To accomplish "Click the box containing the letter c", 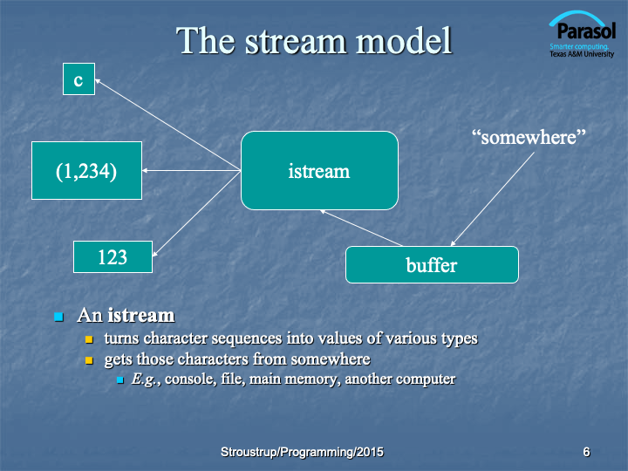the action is (78, 78).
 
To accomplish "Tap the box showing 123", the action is (113, 256).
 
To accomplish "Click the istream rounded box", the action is (319, 170).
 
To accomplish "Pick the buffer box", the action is (432, 265).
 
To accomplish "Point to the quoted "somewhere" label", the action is (529, 138).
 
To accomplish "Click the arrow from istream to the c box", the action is (167, 125).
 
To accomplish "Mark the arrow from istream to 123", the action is (196, 214).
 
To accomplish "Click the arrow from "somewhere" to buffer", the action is (492, 199).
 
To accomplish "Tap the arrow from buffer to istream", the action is (361, 228).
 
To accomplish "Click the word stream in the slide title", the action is (295, 41).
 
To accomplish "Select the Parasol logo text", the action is (586, 31).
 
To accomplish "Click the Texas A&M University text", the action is (582, 54).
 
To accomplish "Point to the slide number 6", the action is (586, 452).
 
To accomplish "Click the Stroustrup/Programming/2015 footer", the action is (302, 452).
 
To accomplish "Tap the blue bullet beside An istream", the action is (59, 317).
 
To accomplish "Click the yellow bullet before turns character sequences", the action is (89, 339).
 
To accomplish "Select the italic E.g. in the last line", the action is (144, 379).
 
